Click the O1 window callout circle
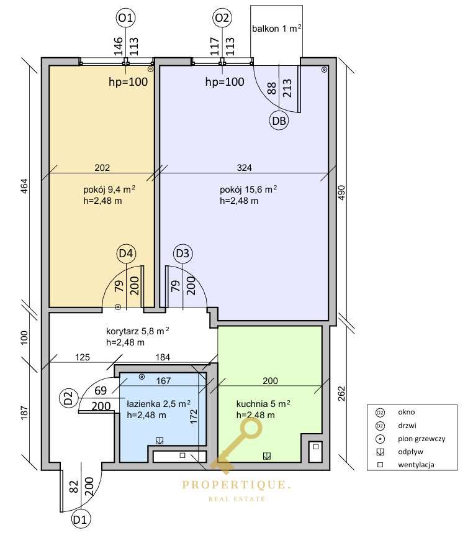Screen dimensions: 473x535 tap(126, 17)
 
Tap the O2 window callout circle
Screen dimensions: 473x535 tap(222, 17)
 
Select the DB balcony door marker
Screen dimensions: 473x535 tap(279, 121)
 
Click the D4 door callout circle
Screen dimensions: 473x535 tap(126, 254)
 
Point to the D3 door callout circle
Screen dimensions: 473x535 tap(182, 254)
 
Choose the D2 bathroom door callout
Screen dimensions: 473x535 tap(68, 398)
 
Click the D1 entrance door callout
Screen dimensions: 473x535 tap(81, 519)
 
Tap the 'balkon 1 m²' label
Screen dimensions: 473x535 tap(276, 29)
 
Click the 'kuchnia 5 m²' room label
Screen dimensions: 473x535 tap(263, 404)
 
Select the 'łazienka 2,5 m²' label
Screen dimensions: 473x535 tap(158, 404)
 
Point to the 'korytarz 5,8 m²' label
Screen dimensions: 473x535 tap(138, 331)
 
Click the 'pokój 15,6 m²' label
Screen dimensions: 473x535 tap(248, 190)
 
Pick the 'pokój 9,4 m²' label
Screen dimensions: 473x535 tap(109, 190)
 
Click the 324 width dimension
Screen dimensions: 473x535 tap(245, 168)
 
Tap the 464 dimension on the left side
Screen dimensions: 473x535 tap(24, 186)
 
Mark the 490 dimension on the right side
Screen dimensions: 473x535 tap(341, 193)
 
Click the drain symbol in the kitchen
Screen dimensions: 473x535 tap(267, 456)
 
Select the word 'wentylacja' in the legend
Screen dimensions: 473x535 tap(416, 465)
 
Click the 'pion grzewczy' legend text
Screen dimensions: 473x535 tap(421, 439)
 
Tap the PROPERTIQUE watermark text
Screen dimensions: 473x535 tap(236, 485)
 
